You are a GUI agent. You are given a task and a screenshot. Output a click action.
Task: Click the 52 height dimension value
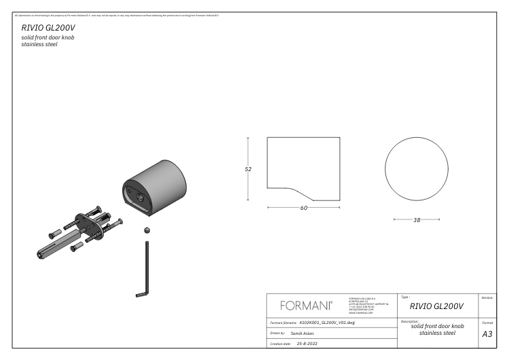click(248, 170)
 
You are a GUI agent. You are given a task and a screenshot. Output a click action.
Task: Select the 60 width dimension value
click(303, 208)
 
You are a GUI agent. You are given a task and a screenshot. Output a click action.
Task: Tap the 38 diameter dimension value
click(417, 220)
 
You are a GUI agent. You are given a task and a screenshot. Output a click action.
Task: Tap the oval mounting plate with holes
click(89, 227)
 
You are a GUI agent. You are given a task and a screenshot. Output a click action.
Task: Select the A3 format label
click(487, 334)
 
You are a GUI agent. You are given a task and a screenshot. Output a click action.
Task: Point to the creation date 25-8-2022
click(303, 344)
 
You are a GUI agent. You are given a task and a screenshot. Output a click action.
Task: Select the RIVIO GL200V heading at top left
click(48, 28)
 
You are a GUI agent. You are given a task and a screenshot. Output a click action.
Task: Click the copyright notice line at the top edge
click(122, 14)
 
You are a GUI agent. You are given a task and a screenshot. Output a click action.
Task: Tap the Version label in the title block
click(487, 298)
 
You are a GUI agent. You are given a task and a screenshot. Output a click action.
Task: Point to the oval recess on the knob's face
click(135, 196)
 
